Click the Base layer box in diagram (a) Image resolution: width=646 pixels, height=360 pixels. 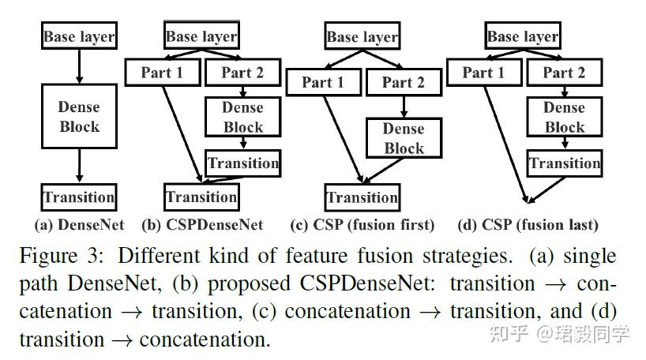(x=79, y=36)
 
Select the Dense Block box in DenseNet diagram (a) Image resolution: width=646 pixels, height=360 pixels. (x=79, y=116)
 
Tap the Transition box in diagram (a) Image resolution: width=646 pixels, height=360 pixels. (x=79, y=197)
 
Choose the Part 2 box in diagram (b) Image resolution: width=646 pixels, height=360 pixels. (x=242, y=73)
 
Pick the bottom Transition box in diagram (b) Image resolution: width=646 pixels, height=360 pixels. (x=201, y=197)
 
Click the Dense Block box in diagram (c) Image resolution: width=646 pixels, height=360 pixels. (x=404, y=138)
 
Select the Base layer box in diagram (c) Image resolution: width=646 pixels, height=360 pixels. (x=362, y=36)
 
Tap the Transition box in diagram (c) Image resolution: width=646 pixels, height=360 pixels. (x=362, y=197)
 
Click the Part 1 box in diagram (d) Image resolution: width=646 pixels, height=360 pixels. (x=483, y=73)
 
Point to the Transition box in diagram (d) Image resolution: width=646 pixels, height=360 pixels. (x=565, y=163)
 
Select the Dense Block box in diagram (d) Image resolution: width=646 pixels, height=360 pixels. (x=565, y=117)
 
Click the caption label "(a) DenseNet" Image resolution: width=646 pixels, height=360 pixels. (x=79, y=225)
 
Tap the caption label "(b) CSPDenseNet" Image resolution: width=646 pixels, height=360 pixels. (x=202, y=225)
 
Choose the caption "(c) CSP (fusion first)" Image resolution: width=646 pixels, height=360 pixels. (x=362, y=225)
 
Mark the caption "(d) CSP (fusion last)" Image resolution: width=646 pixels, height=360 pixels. (x=528, y=225)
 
